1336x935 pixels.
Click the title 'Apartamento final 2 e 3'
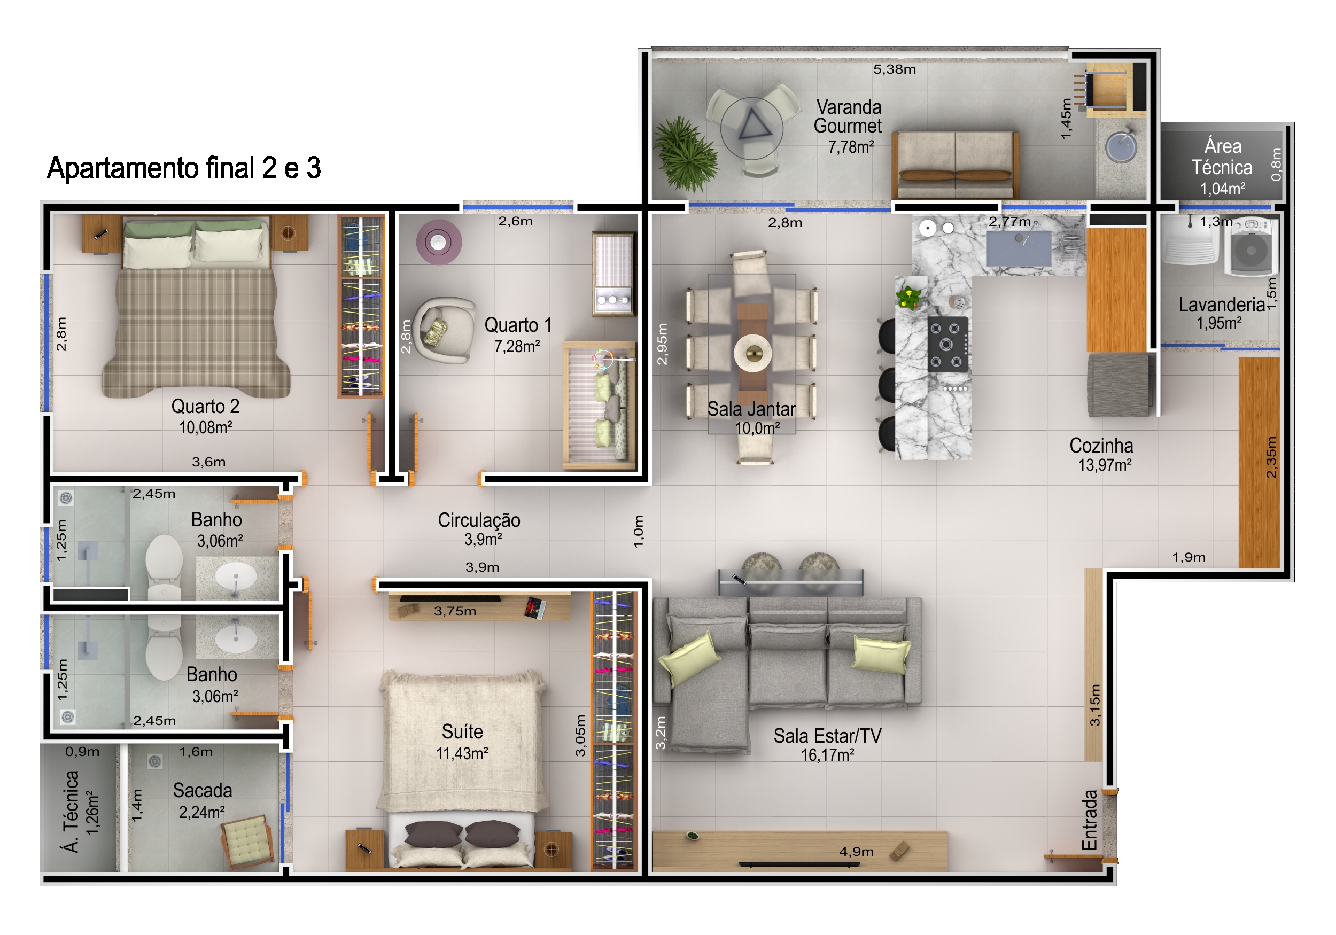(x=184, y=168)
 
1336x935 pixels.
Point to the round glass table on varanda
(x=752, y=128)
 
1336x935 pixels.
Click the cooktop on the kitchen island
(x=947, y=345)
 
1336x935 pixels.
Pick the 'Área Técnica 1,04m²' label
(x=1223, y=167)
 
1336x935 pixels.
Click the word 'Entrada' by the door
(x=1089, y=820)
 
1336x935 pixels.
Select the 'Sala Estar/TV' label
(x=827, y=736)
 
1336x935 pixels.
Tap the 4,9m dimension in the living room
(x=856, y=852)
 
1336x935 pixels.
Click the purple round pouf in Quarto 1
(x=439, y=241)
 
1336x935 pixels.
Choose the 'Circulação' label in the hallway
(x=479, y=520)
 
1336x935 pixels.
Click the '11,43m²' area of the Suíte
(x=462, y=754)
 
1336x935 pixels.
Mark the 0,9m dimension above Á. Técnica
(x=82, y=752)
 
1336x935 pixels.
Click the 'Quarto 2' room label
(x=205, y=406)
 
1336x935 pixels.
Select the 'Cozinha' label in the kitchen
(x=1101, y=446)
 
